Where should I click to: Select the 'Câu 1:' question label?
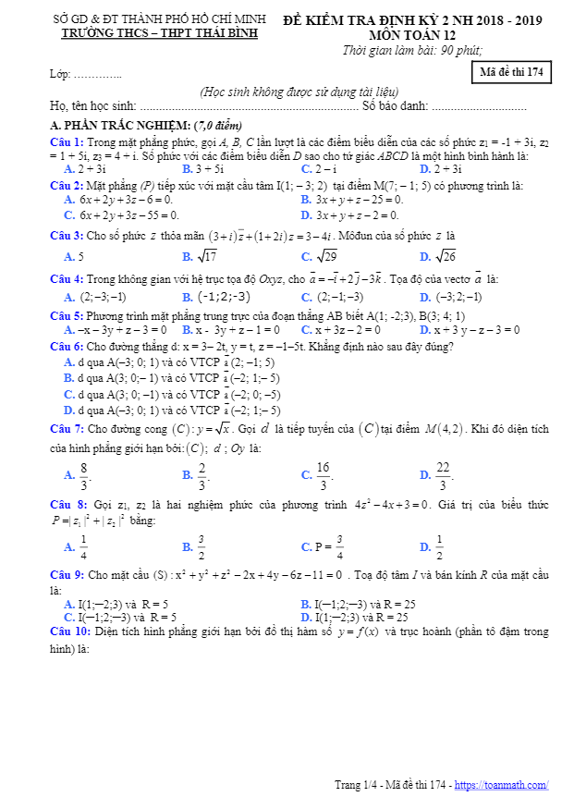coord(67,141)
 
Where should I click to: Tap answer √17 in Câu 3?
coord(208,257)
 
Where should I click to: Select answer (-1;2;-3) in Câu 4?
coord(222,297)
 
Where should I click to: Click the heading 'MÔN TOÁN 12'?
coord(412,34)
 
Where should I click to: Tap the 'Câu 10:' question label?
coord(69,632)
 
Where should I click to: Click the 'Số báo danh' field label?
coord(395,106)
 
